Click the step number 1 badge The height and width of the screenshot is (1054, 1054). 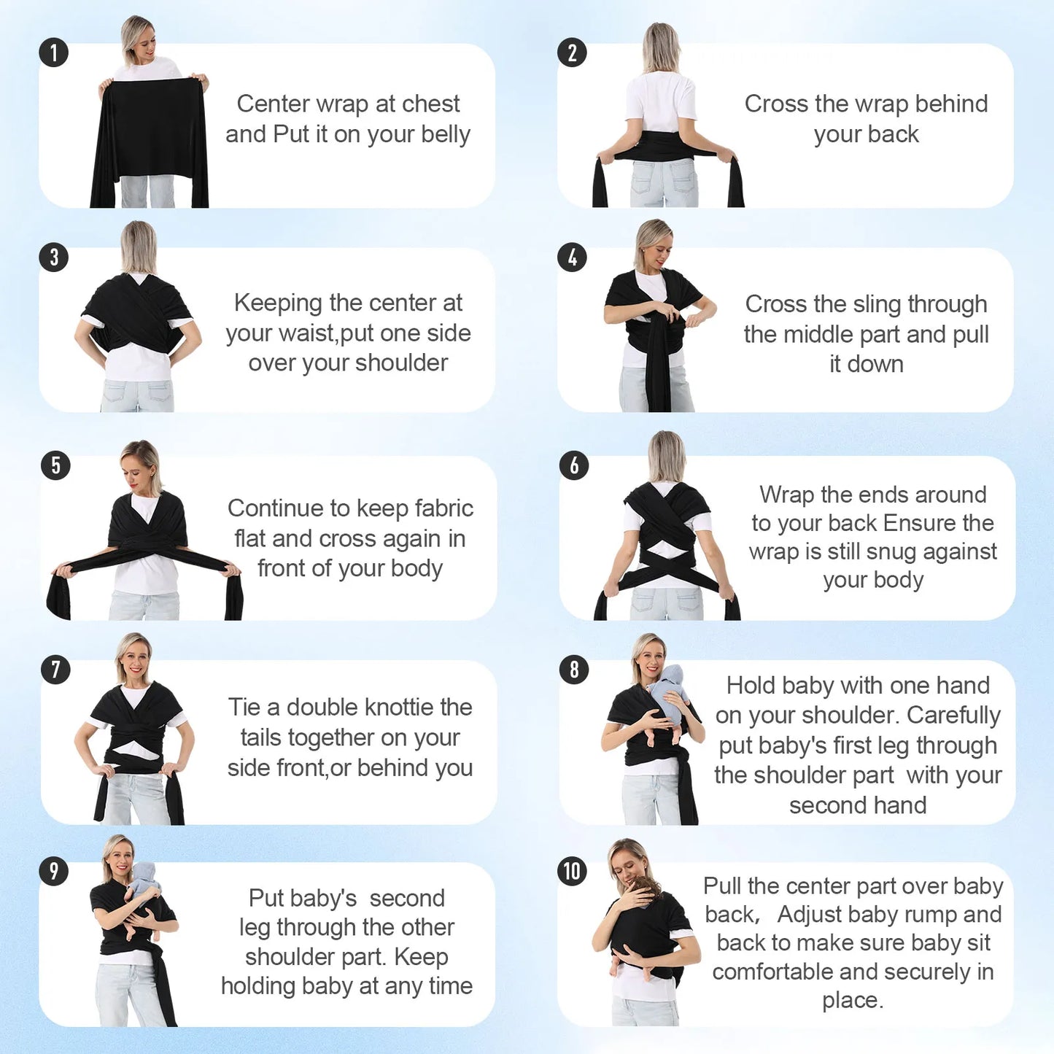(53, 53)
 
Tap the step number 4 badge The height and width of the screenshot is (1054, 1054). (572, 257)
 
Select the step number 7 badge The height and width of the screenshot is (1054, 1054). (55, 669)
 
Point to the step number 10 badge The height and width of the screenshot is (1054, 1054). (573, 871)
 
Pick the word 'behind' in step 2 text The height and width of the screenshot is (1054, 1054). (951, 104)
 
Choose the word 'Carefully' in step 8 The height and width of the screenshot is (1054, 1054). (953, 716)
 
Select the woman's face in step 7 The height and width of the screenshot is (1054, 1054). (136, 662)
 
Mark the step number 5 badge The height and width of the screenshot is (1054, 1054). (55, 465)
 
